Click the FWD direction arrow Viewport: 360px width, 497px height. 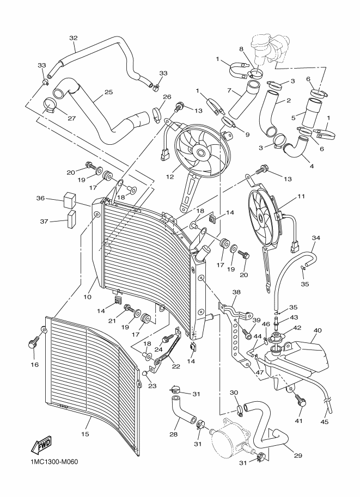click(41, 445)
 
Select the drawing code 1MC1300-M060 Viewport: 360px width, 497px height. click(52, 462)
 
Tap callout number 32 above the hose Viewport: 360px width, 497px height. click(74, 38)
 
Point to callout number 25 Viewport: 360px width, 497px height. click(108, 92)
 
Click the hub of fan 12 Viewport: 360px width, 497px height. click(200, 153)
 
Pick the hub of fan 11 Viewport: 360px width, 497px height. click(261, 218)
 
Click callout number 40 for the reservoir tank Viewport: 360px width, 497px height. click(317, 330)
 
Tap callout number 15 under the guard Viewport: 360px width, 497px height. click(85, 434)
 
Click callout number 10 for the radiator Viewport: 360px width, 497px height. click(87, 297)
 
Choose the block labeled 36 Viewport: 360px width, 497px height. click(70, 200)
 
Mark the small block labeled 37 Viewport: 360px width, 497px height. click(71, 219)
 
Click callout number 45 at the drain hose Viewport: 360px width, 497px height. click(325, 422)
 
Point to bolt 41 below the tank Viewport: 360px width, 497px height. click(301, 400)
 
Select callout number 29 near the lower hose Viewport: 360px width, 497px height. click(298, 456)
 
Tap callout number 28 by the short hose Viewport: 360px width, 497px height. click(174, 434)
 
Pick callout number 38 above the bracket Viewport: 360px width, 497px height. click(236, 292)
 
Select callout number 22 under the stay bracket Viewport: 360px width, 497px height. click(176, 366)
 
